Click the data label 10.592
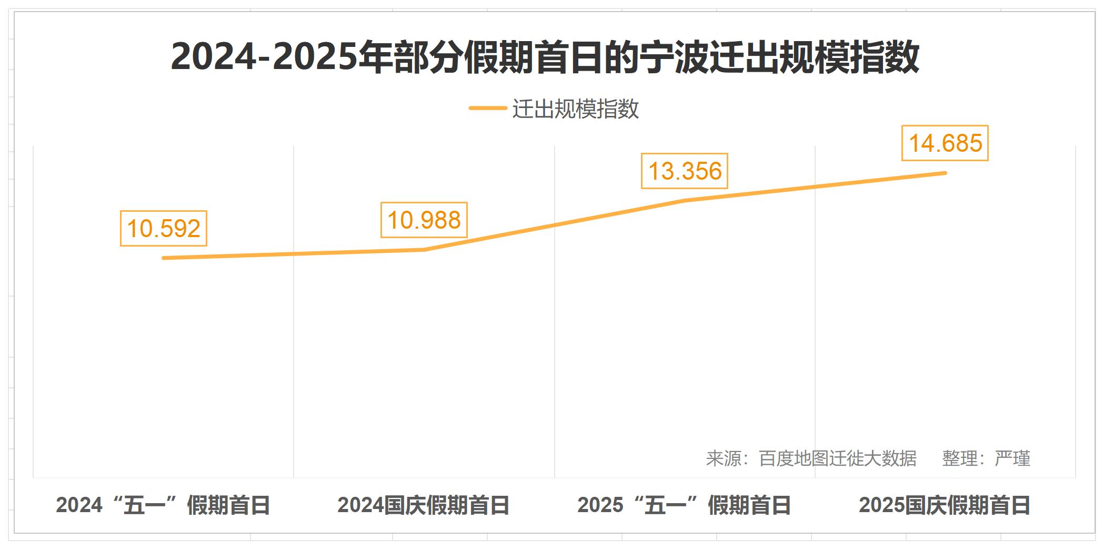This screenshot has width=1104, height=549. pos(164,228)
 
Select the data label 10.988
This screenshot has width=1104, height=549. pos(424,220)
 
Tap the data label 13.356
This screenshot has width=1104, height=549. pos(685,171)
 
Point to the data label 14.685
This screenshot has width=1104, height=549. pos(945,143)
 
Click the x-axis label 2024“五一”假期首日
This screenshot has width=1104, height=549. pos(163,505)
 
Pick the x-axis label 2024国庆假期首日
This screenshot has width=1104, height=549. pos(424,505)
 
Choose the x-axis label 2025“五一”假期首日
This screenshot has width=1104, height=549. pos(684,505)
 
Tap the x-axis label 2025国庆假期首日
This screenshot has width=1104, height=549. pos(945,505)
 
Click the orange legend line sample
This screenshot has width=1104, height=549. pos(488,109)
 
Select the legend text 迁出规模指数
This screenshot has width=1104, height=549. pos(576,109)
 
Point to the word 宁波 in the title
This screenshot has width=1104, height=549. pos(674,56)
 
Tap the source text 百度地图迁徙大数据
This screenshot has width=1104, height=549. pos(838,458)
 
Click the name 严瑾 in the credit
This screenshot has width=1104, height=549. pos(1013,458)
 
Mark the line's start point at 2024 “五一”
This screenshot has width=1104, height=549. pos(164,258)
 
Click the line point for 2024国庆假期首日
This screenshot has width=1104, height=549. pos(424,250)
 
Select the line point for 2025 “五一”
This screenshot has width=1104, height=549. pos(685,200)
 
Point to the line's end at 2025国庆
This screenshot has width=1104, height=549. pos(945,173)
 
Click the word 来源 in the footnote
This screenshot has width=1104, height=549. pos(724,458)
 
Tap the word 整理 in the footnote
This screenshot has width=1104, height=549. pos(959,458)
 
